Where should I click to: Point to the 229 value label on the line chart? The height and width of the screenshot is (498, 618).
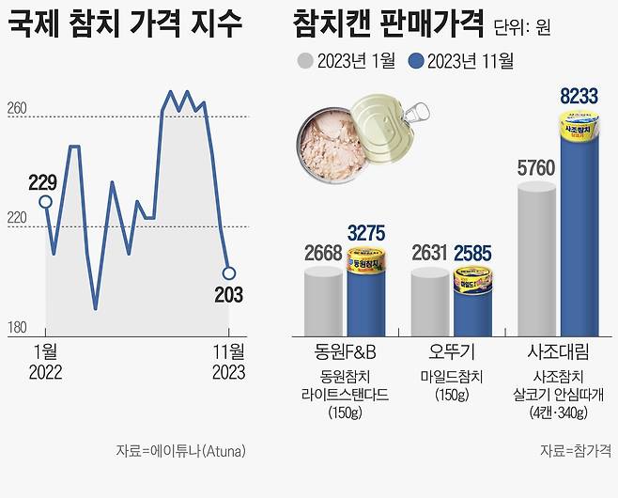[43, 182]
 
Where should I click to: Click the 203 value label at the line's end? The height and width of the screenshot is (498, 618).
[227, 295]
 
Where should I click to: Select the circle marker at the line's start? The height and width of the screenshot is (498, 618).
[45, 201]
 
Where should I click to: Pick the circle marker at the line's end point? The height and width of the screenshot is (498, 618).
[228, 273]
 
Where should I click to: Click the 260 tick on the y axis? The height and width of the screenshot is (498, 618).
[17, 109]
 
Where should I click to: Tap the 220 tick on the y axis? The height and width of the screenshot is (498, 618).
[17, 218]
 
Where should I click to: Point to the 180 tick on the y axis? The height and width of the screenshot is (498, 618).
[17, 327]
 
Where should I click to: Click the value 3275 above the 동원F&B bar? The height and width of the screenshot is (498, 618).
[367, 232]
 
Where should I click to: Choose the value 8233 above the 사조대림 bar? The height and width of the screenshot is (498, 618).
[580, 96]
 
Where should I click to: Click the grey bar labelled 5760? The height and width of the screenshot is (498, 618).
[537, 258]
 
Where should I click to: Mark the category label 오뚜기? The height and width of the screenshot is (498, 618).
[454, 354]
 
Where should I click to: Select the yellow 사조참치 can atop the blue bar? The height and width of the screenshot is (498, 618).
[580, 126]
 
